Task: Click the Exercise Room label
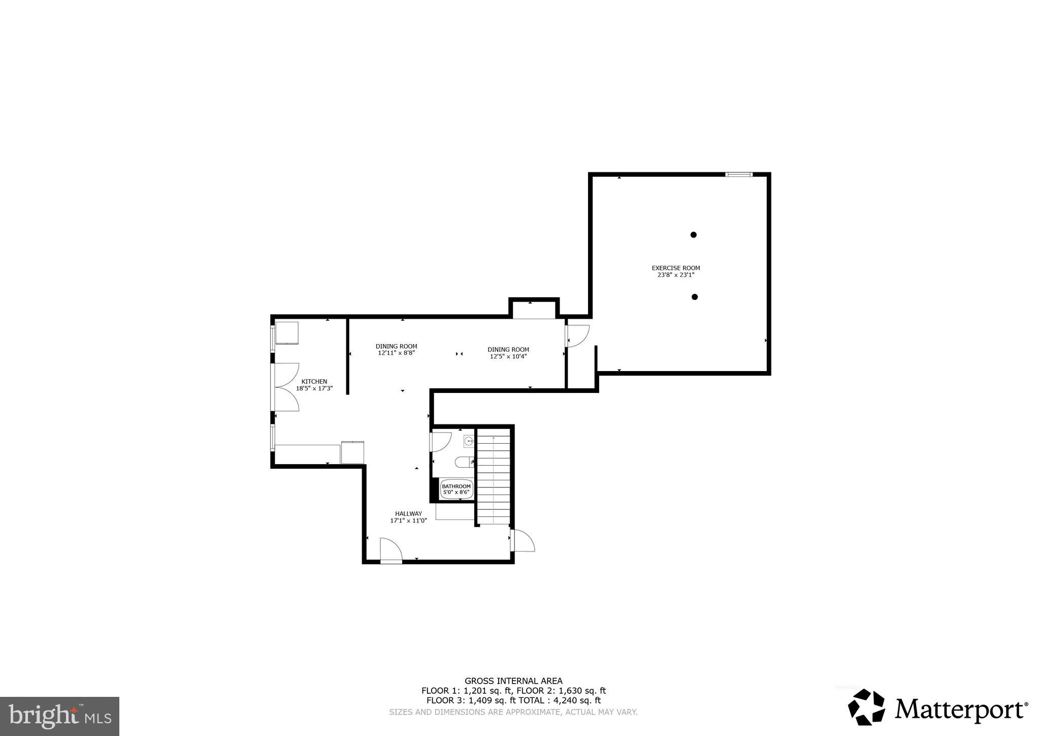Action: coord(675,268)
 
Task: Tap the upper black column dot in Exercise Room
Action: coord(693,235)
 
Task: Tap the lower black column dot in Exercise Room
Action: coord(695,297)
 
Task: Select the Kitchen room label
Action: coord(314,382)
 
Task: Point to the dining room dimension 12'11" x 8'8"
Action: coord(397,353)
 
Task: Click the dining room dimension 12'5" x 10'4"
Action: coord(508,356)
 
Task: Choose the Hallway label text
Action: coord(408,513)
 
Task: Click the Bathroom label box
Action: coord(457,489)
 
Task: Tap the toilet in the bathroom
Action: coord(464,462)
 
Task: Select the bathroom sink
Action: coord(469,441)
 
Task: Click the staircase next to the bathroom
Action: coord(494,478)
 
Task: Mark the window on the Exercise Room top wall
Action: coord(739,175)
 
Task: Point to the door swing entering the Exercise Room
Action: coord(578,335)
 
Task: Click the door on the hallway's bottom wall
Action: coord(391,550)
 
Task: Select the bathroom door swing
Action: coord(441,441)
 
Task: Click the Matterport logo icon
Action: coord(866,707)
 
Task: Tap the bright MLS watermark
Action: coord(59,716)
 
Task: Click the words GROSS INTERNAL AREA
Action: coord(513,681)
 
